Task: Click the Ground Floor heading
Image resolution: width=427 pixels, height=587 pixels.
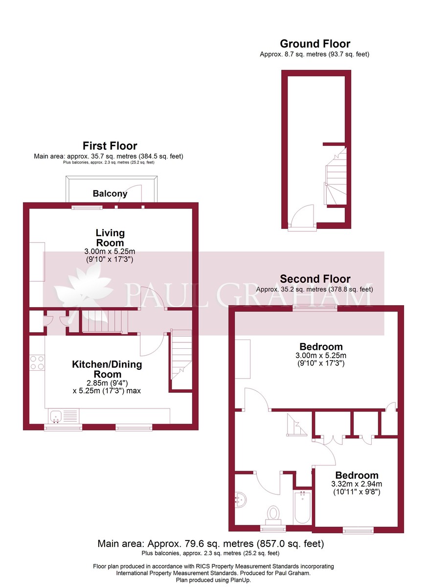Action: (x=315, y=44)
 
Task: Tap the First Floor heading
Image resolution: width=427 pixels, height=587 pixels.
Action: (x=110, y=146)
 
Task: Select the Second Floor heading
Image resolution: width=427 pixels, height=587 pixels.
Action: (x=315, y=279)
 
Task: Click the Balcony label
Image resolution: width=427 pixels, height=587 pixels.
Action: (x=110, y=194)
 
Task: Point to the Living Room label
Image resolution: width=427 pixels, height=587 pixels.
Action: (x=110, y=238)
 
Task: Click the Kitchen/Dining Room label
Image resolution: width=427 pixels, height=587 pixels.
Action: (x=107, y=369)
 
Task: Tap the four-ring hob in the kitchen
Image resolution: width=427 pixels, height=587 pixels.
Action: (x=37, y=362)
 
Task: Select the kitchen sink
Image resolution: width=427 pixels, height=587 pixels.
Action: (x=64, y=416)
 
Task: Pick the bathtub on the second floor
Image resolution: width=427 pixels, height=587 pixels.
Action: (x=302, y=508)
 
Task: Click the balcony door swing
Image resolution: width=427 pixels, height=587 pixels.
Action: (x=130, y=193)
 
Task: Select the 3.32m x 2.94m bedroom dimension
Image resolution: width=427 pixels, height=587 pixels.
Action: (x=356, y=484)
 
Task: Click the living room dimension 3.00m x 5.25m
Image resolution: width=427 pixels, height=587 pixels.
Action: (x=110, y=251)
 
